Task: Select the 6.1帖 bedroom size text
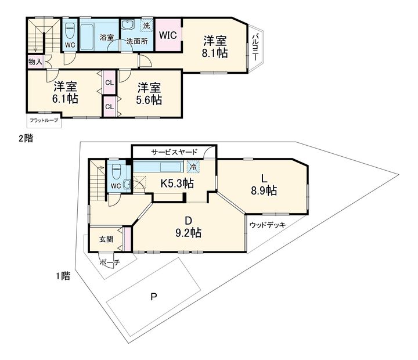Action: pyautogui.click(x=66, y=98)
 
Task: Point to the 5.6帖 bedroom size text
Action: pyautogui.click(x=149, y=98)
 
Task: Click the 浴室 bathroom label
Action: pyautogui.click(x=106, y=38)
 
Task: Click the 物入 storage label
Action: pyautogui.click(x=35, y=61)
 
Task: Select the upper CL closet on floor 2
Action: pyautogui.click(x=109, y=82)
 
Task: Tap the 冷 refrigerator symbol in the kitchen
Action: pyautogui.click(x=192, y=167)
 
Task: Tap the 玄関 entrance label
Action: pyautogui.click(x=105, y=239)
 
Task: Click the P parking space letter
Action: pyautogui.click(x=153, y=298)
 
